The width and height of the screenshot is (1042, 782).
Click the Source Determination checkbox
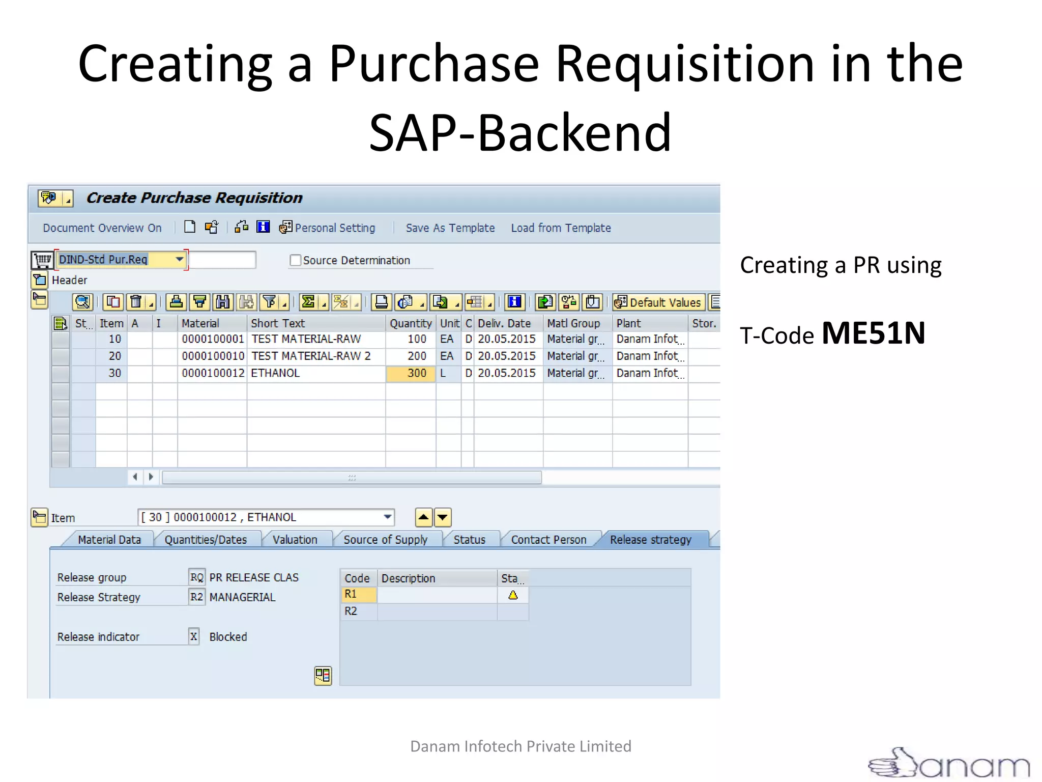[x=295, y=260]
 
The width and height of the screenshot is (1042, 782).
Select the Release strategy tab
[x=650, y=540]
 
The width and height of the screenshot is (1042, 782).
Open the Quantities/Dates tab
[x=206, y=540]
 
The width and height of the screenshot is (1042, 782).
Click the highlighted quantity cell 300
[x=411, y=373]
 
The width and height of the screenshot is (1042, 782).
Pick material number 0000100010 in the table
[x=213, y=356]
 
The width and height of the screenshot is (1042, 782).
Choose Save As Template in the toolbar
[x=450, y=228]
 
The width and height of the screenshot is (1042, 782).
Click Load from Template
[x=561, y=228]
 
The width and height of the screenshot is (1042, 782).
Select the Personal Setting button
[x=328, y=228]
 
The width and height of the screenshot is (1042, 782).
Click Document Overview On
[x=102, y=228]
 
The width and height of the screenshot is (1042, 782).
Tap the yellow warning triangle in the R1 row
[x=513, y=595]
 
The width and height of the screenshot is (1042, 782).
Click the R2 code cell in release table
[x=351, y=611]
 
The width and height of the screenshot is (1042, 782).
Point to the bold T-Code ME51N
[x=873, y=333]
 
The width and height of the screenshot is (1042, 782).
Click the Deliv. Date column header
[x=504, y=323]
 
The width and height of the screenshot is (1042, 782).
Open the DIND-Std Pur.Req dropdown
[x=179, y=259]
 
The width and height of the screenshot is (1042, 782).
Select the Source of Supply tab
[x=385, y=540]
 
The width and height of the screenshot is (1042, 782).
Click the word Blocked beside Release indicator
[x=228, y=637]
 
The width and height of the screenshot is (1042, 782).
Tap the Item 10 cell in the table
[x=114, y=339]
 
